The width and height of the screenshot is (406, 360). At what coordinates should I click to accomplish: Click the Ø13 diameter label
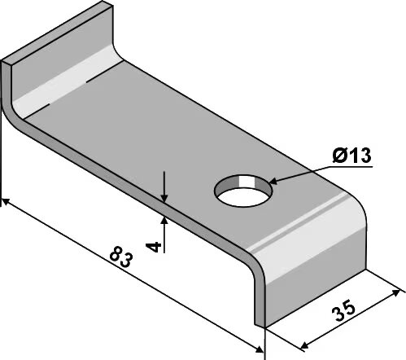(x=351, y=156)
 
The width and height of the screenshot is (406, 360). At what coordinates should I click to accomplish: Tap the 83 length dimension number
(x=121, y=257)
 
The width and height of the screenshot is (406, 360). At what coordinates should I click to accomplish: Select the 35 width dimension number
(x=343, y=310)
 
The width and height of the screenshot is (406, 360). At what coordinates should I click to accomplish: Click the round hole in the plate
(x=243, y=191)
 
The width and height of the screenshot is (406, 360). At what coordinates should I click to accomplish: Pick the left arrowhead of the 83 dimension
(x=6, y=201)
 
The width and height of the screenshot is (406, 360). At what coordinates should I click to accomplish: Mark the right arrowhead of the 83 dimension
(x=259, y=349)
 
